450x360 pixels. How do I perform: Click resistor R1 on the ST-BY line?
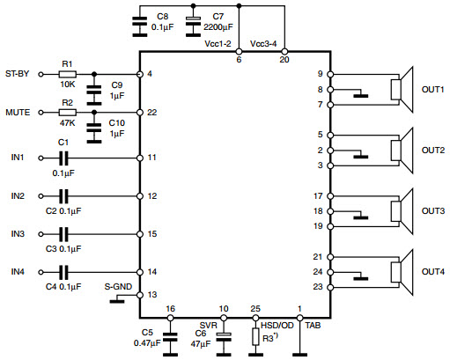click(x=68, y=74)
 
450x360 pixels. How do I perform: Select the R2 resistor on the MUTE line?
click(x=68, y=113)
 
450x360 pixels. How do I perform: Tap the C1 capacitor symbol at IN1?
click(x=63, y=158)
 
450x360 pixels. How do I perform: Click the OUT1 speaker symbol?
click(x=402, y=90)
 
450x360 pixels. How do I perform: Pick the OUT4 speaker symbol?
click(x=402, y=272)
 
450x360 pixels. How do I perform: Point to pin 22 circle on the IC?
click(x=140, y=113)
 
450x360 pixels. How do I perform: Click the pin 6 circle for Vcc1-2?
click(x=239, y=52)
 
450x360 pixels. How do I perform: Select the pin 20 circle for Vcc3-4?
click(x=284, y=52)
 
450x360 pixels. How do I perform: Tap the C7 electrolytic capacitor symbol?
click(x=193, y=26)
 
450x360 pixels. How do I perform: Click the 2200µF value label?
click(x=218, y=27)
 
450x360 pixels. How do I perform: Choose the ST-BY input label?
click(x=18, y=73)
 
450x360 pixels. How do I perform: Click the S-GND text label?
click(x=118, y=286)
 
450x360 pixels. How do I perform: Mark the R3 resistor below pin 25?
click(x=255, y=336)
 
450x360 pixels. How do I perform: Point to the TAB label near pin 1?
click(x=313, y=325)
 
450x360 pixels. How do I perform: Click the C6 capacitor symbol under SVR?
click(x=224, y=337)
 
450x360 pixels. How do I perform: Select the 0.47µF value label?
click(x=147, y=342)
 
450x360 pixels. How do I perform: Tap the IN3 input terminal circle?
click(x=41, y=234)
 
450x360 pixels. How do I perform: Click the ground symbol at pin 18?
click(x=360, y=217)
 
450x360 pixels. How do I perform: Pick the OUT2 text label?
click(x=433, y=151)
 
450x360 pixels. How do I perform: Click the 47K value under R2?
click(x=67, y=123)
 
